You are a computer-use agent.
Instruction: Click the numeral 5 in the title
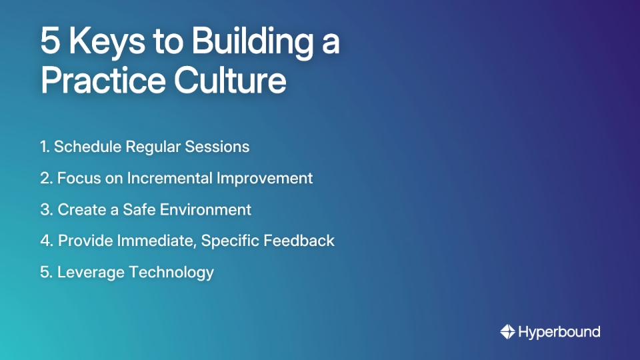[51, 42]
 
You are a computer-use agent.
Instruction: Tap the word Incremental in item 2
[170, 178]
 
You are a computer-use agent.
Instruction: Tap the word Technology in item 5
[172, 272]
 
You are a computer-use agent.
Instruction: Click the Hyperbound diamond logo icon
[507, 331]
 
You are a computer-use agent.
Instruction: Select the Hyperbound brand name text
[559, 331]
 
